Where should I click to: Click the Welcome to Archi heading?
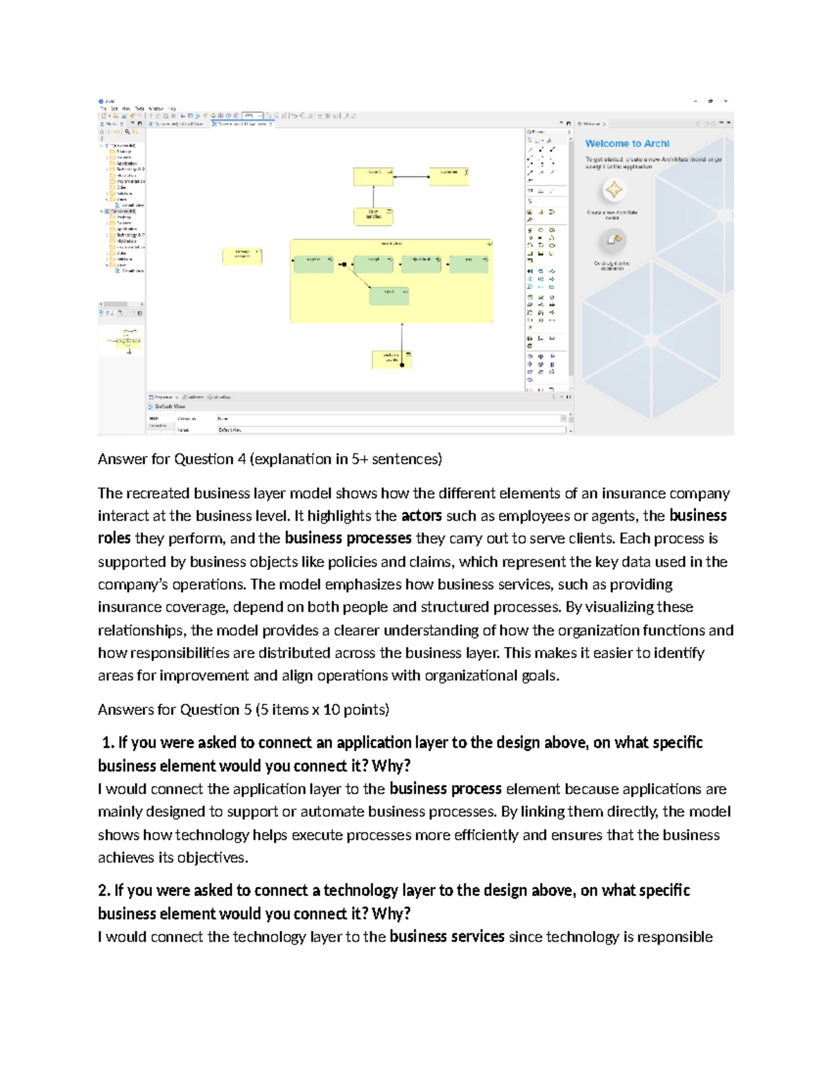(627, 144)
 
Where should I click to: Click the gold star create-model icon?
(614, 189)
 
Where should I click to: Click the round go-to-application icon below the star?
(614, 241)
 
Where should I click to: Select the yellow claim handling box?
(373, 216)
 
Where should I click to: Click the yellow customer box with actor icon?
(449, 176)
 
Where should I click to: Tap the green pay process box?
(469, 264)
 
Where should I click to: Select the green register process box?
(313, 264)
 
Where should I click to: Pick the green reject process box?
(389, 295)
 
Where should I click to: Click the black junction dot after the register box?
(342, 264)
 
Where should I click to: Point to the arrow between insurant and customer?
(411, 177)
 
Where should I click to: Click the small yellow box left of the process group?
(242, 256)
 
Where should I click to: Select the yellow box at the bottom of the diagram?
(392, 359)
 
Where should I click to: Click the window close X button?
(725, 101)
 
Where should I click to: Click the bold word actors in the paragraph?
(422, 516)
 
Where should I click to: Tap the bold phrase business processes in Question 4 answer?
(348, 539)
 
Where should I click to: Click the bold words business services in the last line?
(447, 937)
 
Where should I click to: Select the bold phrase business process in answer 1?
(445, 789)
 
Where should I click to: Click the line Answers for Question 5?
(243, 709)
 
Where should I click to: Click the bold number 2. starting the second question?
(105, 890)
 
